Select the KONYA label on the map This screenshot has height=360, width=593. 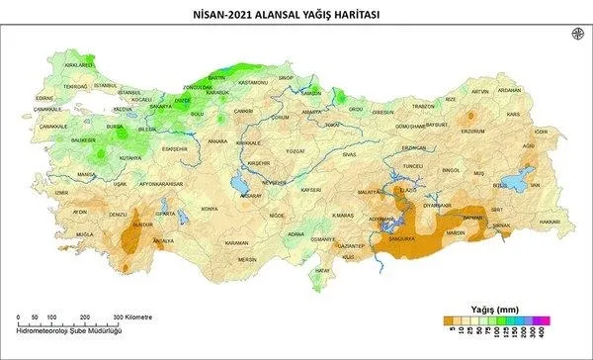(209, 209)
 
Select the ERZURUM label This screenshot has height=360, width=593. (473, 131)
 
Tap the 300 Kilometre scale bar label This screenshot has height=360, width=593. (131, 315)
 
